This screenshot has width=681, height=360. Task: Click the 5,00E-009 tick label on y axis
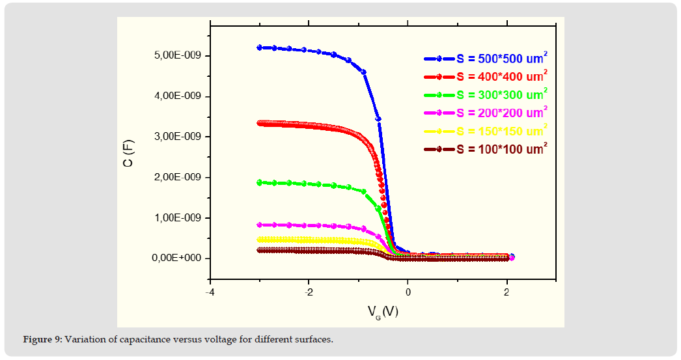click(174, 56)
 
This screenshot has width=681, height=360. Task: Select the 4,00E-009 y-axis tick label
click(174, 96)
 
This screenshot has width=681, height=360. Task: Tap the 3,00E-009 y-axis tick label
click(174, 137)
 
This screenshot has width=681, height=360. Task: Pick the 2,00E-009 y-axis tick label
click(174, 177)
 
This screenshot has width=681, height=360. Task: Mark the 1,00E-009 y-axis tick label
click(174, 217)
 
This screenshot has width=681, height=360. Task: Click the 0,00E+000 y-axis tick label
click(173, 258)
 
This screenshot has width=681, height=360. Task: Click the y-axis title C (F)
click(128, 156)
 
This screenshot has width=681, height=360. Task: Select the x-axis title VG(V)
click(382, 312)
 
